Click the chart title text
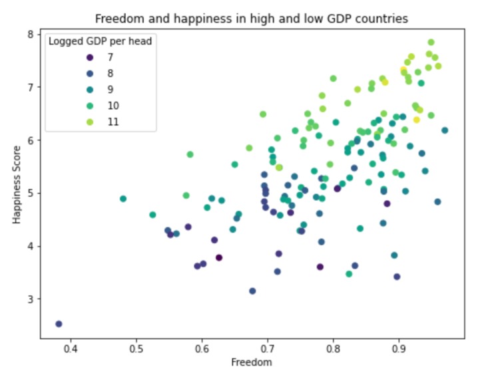pyautogui.click(x=252, y=18)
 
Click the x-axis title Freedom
pyautogui.click(x=252, y=362)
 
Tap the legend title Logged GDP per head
pyautogui.click(x=100, y=42)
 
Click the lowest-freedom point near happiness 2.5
pyautogui.click(x=59, y=324)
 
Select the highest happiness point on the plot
pyautogui.click(x=431, y=43)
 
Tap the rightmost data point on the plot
pyautogui.click(x=445, y=130)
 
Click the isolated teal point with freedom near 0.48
pyautogui.click(x=123, y=199)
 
